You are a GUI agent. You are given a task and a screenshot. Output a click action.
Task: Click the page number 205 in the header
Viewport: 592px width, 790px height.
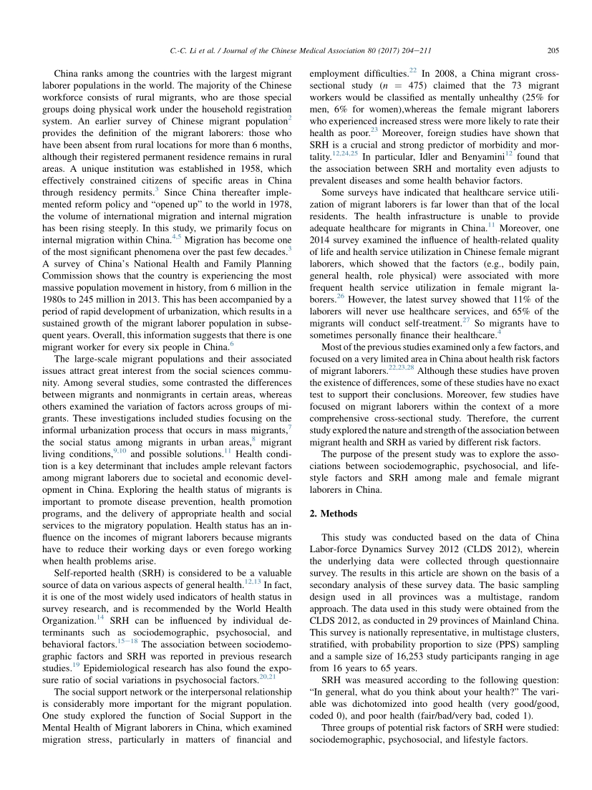[552, 52]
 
